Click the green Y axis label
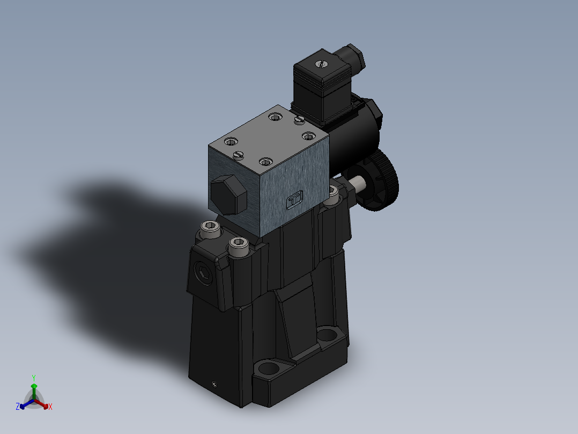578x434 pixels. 33,377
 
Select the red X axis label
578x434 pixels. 50,407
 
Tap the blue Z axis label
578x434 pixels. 18,407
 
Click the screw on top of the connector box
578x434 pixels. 321,64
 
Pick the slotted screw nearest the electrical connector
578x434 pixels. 300,119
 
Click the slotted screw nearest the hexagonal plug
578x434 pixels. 239,155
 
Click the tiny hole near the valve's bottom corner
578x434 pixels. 214,384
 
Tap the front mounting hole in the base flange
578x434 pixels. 268,370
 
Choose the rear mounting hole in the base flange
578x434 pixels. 326,336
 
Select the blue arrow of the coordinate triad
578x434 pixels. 25,404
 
